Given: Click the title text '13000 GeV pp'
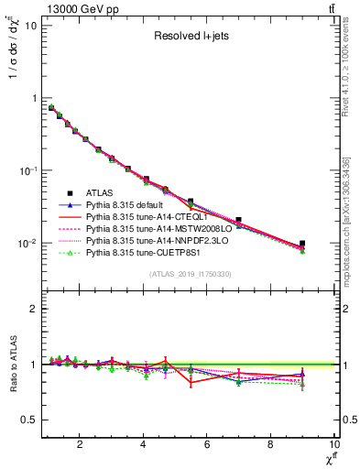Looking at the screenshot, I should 74,9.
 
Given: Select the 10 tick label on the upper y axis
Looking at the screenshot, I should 29,25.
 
